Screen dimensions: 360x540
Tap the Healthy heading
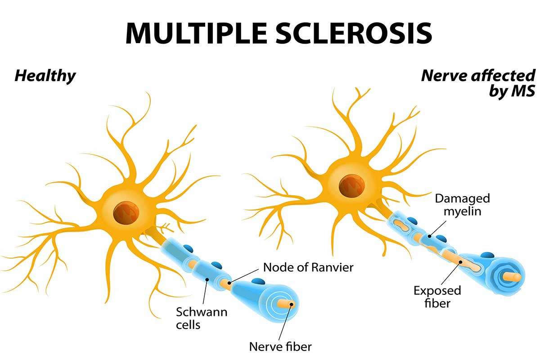(x=45, y=76)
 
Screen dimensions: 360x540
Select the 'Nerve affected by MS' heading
(x=478, y=83)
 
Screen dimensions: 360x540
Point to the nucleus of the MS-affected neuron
(x=351, y=185)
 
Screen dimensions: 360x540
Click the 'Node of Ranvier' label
(x=308, y=267)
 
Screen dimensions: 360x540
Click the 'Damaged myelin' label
(x=462, y=204)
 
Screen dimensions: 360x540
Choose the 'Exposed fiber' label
(x=437, y=297)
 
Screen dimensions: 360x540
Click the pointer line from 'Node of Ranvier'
(x=245, y=275)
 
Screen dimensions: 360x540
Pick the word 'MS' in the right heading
(x=522, y=91)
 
